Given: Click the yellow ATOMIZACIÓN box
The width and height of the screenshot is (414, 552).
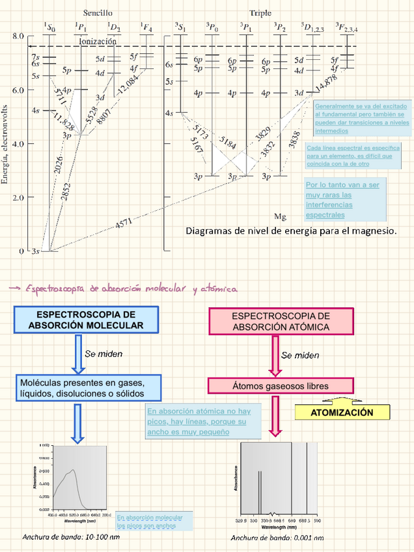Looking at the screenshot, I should [342, 413].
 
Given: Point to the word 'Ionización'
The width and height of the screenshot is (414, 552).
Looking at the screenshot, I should [98, 41].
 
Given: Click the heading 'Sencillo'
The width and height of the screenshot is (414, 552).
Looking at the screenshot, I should [98, 12].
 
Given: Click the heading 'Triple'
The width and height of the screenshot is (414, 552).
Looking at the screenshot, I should [260, 12].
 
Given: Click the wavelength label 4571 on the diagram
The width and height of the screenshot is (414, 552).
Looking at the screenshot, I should [124, 223].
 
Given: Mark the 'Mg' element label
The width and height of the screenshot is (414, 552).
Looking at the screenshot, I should [281, 216].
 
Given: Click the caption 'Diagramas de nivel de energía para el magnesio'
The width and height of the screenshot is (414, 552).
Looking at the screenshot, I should [291, 230].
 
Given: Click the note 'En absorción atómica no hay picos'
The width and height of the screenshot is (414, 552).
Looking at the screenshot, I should [197, 421].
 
